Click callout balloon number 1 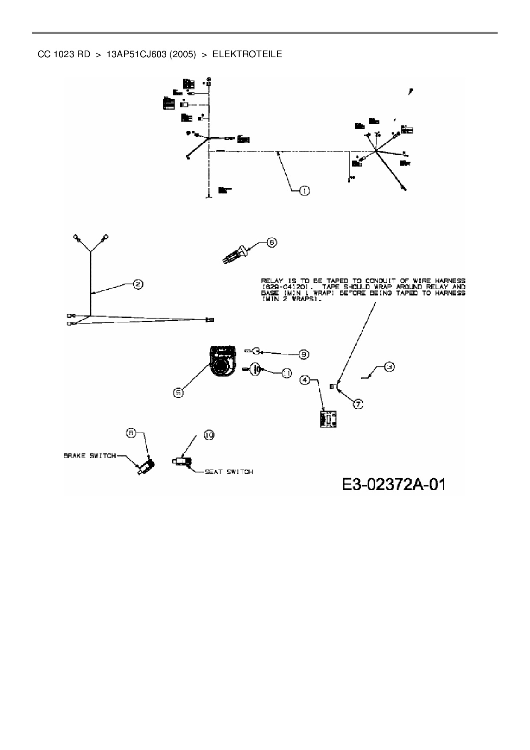click(x=304, y=191)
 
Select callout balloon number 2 click(x=138, y=284)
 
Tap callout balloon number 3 click(x=389, y=366)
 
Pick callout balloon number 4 click(x=305, y=379)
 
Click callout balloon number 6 click(x=272, y=242)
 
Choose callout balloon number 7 click(x=358, y=403)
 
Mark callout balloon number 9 click(x=304, y=354)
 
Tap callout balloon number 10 click(x=209, y=435)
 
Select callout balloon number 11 click(x=286, y=373)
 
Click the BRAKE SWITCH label click(x=90, y=456)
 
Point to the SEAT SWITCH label click(x=229, y=472)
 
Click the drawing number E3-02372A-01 click(x=393, y=484)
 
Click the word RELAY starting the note click(x=271, y=281)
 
